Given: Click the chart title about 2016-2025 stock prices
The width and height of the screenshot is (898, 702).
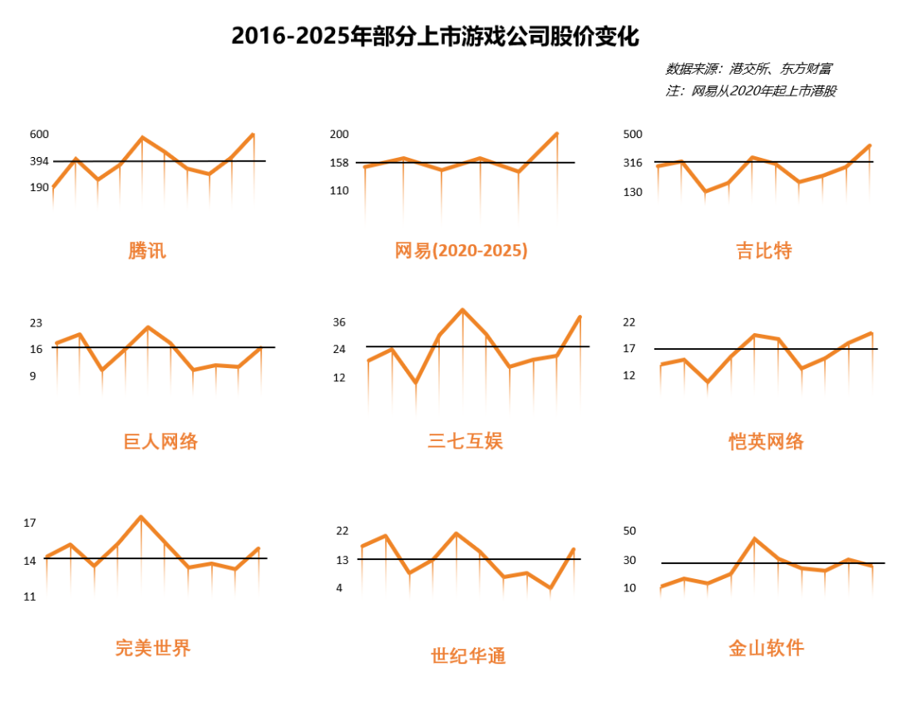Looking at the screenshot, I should coord(435,37).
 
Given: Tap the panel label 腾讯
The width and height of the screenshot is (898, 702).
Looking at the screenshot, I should coord(147,250).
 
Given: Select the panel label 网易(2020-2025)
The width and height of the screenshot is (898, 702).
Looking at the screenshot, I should coord(461,250).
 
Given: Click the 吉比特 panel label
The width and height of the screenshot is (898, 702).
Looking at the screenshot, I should coord(763,250).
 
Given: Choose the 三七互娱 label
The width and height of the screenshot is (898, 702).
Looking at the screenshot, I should coord(465,440).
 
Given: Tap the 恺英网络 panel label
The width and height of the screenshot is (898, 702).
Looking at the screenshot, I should coord(766,441).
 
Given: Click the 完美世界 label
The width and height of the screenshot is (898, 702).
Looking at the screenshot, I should coord(153,647).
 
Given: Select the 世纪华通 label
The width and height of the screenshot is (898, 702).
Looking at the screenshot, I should coord(468,655).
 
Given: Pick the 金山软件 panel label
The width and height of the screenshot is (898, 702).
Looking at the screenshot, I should coord(766,648).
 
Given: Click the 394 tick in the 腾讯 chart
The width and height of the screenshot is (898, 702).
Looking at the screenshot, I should coord(39,160).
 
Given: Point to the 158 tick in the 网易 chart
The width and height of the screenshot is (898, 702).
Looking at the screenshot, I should coord(338,162).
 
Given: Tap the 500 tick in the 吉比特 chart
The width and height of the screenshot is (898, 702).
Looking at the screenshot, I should coord(633,134).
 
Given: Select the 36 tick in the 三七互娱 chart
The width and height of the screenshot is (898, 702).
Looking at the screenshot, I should coord(338,322).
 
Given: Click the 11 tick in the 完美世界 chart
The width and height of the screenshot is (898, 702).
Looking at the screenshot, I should coord(30,596).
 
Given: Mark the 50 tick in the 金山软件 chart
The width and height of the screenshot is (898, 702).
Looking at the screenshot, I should coord(629,531).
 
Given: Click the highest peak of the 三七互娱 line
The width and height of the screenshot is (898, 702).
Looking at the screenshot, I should coord(462,310).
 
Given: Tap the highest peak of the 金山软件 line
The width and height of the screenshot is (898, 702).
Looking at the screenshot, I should coord(754,538).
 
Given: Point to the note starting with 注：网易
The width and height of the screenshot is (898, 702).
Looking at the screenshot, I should coord(750,91).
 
